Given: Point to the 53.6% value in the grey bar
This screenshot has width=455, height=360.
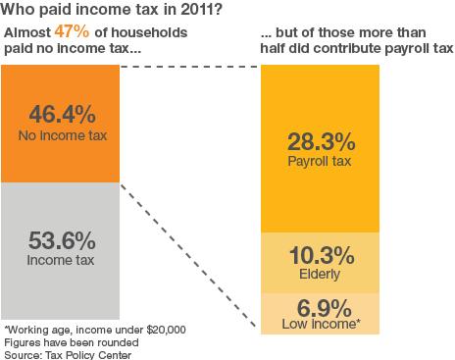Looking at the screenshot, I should click(60, 238).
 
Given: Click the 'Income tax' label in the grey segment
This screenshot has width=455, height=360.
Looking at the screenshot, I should click(60, 260).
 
